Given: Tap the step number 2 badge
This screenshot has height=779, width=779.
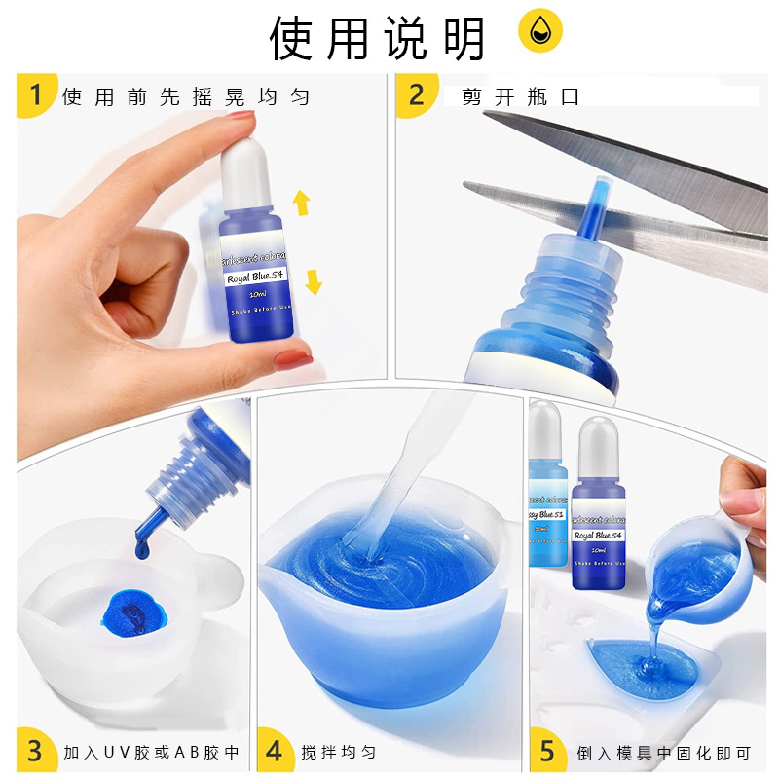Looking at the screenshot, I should [417, 95].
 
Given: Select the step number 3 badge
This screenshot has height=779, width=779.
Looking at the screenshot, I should [36, 751].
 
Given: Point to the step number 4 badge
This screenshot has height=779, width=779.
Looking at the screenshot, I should [276, 751].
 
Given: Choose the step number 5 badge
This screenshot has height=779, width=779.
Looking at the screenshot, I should [547, 751].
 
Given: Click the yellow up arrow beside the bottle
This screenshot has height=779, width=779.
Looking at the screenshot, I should [301, 203].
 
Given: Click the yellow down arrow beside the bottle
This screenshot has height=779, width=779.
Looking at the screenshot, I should [313, 282].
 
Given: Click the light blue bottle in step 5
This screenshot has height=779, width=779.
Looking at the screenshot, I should [545, 497].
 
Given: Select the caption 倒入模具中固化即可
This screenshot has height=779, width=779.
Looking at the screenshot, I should [663, 752].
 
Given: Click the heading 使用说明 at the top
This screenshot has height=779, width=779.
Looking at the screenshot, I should [377, 39].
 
